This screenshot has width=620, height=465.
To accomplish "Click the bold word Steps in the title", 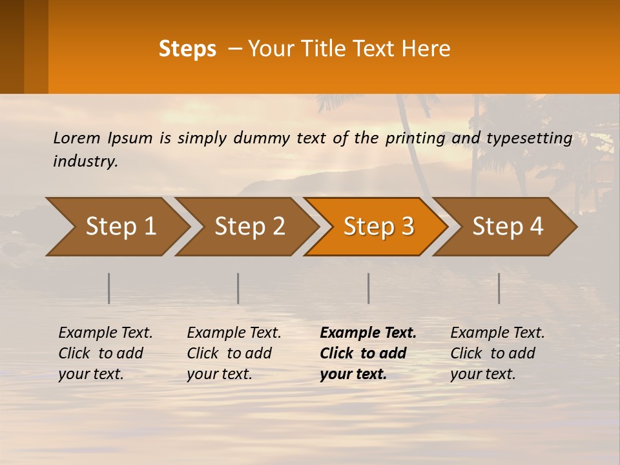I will [187, 49].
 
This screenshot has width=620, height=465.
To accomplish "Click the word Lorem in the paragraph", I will [76, 138].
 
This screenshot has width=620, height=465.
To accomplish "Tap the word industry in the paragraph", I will [85, 161].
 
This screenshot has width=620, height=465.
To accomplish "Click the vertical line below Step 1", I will [109, 288].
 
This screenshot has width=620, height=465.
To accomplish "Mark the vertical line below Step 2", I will [238, 288].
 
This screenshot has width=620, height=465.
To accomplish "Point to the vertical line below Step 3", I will [369, 288].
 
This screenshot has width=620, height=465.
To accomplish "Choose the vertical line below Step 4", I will [499, 288].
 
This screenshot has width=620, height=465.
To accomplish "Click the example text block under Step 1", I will [105, 353].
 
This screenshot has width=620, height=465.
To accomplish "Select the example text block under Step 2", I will [234, 353].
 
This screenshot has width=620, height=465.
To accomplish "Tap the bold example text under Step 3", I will [367, 353].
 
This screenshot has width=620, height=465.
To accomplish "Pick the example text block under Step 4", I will [497, 353].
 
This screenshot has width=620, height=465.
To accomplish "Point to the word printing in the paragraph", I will [411, 138].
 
